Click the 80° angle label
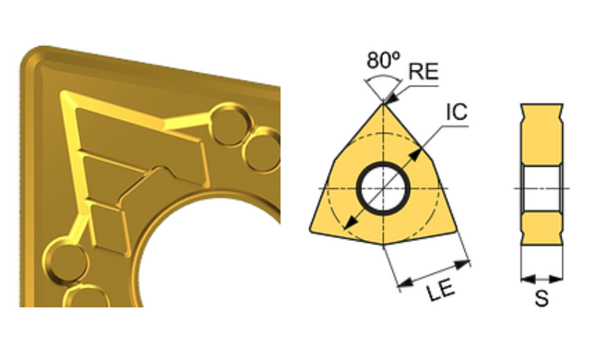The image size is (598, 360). click(x=384, y=59)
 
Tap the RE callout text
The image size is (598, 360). click(x=424, y=71)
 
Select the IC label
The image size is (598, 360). click(x=457, y=112)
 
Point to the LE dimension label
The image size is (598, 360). click(x=441, y=291)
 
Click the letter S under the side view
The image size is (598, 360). click(x=542, y=298)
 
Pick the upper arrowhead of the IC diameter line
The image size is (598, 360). click(x=415, y=155)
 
